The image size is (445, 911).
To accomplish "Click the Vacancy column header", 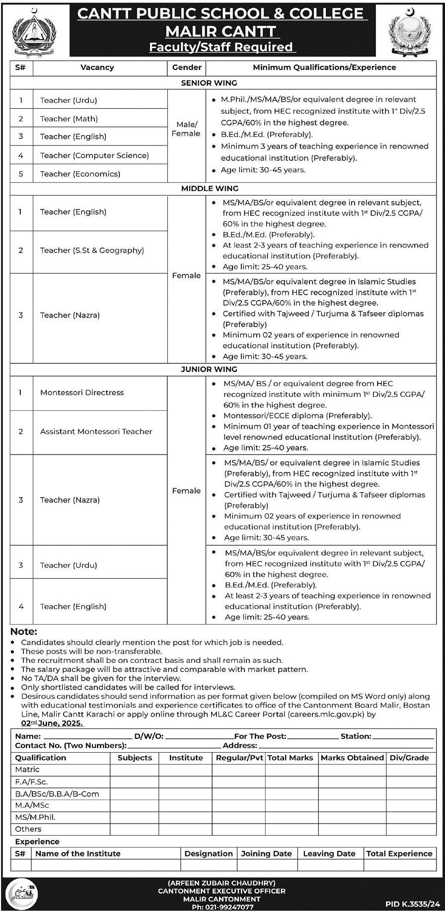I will pos(97,67).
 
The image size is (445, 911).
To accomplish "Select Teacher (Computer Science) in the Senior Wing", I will pos(94,155).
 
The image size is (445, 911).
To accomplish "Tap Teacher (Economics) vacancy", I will pos(80,174).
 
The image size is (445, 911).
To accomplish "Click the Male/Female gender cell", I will pos(186,129).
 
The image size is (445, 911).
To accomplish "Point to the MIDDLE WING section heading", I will pos(210,189).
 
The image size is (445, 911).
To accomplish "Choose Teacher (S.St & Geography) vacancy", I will pos(92,251).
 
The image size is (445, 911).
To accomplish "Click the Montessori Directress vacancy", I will pos(82,392).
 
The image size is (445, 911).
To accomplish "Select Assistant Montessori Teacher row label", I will pos(96,432).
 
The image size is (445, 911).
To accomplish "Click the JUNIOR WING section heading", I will pos(209,369).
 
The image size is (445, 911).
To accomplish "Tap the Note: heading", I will pos(24,632).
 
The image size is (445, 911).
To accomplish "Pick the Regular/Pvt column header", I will pos(239,758).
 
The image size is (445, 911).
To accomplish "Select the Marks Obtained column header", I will pos(352,758).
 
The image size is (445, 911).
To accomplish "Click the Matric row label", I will pos(27,770).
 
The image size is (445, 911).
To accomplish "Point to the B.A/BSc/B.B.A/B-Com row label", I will pos(57,794).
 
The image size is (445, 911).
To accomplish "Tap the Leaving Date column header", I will pos(329,854).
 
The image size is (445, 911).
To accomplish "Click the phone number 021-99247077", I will pos(222,907).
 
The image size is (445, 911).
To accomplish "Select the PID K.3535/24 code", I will pos(413,905).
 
